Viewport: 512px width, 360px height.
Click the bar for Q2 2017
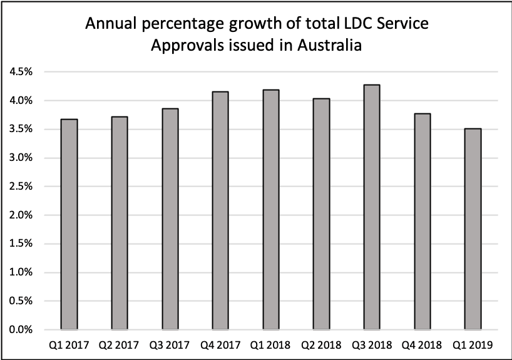point(120,223)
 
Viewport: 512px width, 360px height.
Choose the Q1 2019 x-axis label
point(473,345)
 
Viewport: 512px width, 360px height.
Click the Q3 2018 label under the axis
point(372,345)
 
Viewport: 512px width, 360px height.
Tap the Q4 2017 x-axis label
point(220,345)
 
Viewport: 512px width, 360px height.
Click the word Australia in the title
point(326,46)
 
